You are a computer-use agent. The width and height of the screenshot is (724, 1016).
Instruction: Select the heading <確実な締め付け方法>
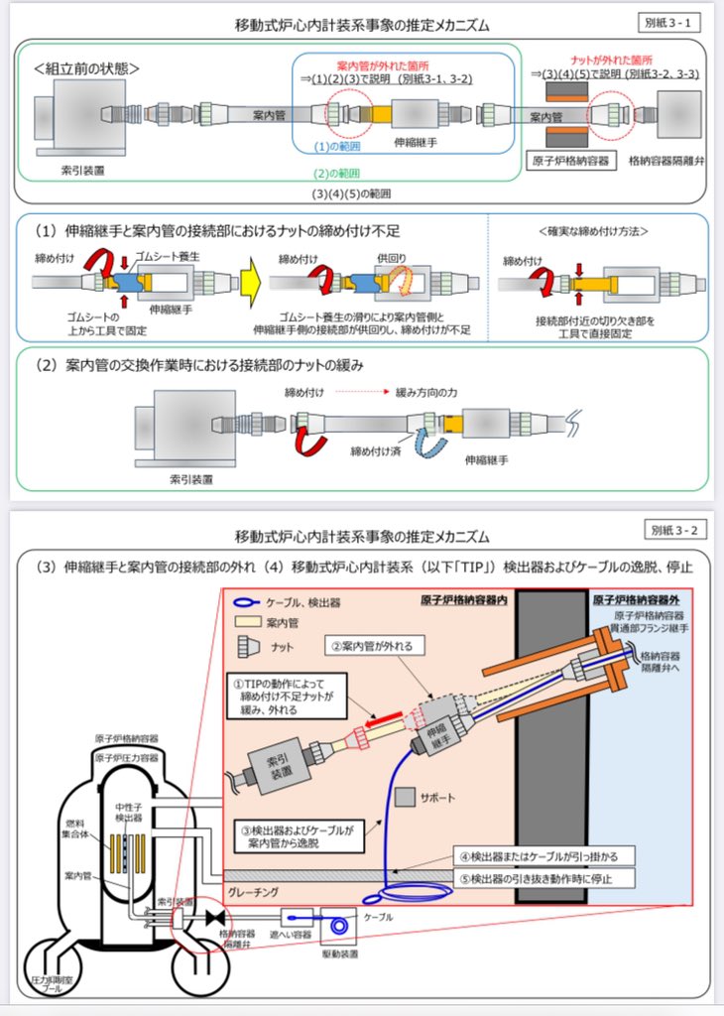point(593,231)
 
